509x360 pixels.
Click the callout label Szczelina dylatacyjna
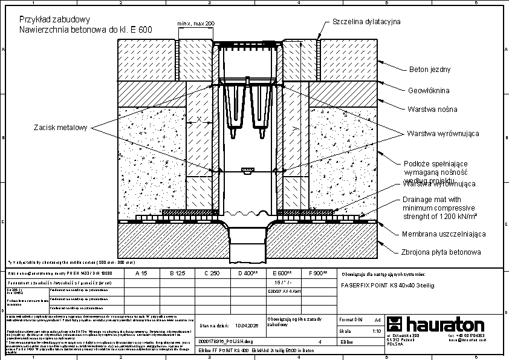click(x=366, y=22)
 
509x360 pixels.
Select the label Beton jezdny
click(x=430, y=70)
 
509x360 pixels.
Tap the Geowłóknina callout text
click(x=428, y=90)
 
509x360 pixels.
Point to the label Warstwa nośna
click(x=432, y=110)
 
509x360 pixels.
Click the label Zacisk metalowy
click(x=60, y=127)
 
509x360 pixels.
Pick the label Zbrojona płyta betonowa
click(x=441, y=252)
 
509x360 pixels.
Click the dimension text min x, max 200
click(x=196, y=23)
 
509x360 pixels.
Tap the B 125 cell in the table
click(x=177, y=273)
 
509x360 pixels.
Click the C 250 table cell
click(x=211, y=273)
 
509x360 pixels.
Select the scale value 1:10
click(x=376, y=332)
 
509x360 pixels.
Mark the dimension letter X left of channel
click(x=199, y=120)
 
